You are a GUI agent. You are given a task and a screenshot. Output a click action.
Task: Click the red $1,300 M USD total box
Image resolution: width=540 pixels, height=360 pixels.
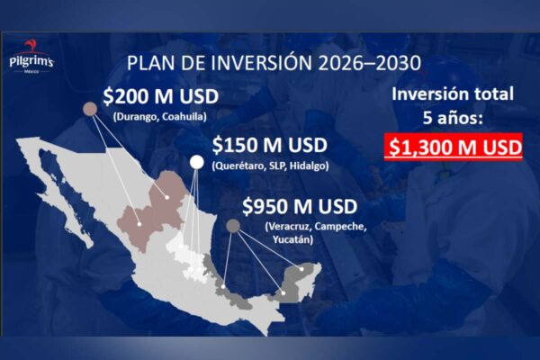(x=452, y=148)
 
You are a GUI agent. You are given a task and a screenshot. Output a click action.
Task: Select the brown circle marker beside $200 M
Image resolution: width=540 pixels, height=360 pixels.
(x=90, y=109)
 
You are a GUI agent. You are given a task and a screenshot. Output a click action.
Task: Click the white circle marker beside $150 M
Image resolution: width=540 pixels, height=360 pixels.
(x=196, y=162)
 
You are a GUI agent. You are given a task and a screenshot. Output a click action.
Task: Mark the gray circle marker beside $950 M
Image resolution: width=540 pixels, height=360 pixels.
(x=233, y=226)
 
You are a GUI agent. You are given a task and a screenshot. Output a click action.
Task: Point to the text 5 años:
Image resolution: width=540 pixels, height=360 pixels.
(x=452, y=118)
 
